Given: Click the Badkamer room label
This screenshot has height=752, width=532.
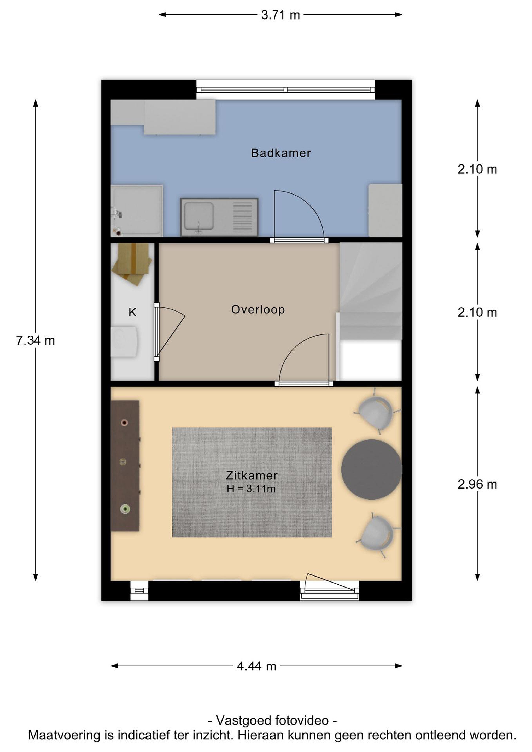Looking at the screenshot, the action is (281, 153).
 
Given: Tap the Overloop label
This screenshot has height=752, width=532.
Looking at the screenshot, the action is (258, 309).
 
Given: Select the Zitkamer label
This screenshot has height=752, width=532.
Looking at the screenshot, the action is (252, 475).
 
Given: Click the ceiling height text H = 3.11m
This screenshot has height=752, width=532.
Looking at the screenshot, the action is (251, 489).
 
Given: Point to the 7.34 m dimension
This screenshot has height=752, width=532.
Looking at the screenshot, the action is (35, 341).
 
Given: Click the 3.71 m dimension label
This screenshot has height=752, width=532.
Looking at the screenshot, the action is (280, 15).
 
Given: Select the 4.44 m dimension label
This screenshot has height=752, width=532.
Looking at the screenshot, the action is (256, 666).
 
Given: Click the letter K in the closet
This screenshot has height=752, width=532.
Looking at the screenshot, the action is (132, 313).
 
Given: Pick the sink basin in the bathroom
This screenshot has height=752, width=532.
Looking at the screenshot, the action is (198, 216).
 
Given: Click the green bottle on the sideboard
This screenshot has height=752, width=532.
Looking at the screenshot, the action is (125, 509).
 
